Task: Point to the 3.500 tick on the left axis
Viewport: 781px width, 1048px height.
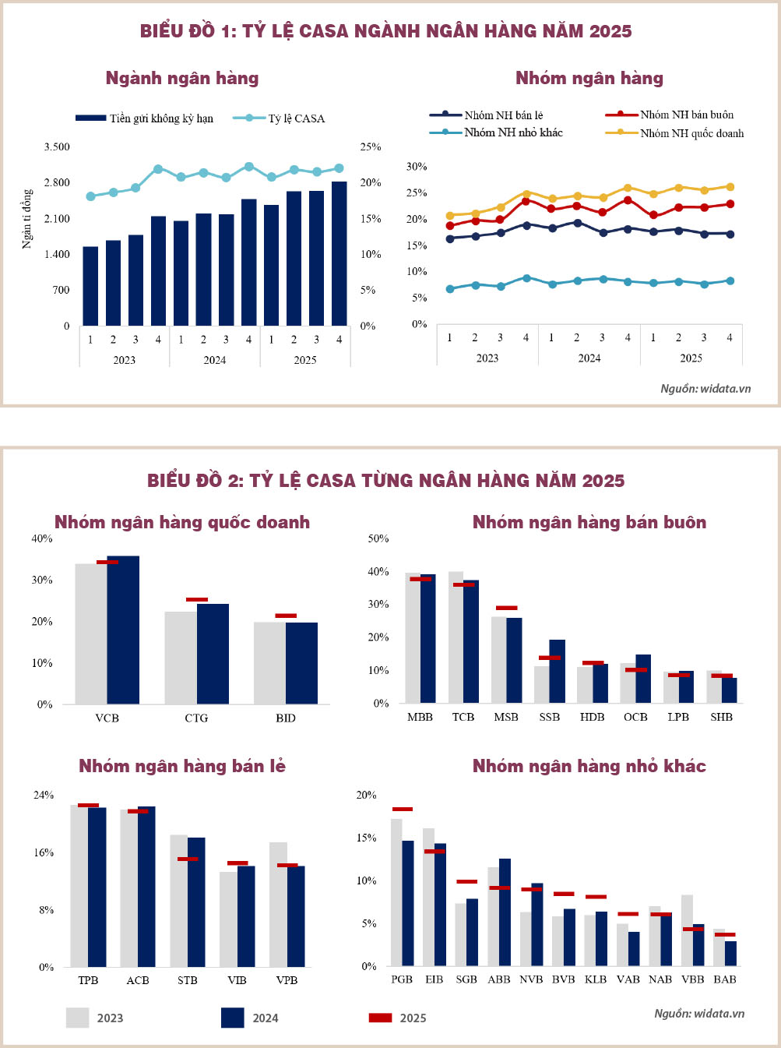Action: point(57,146)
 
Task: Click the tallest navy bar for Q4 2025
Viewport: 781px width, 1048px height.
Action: point(339,253)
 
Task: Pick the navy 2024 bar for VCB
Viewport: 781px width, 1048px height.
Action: point(123,630)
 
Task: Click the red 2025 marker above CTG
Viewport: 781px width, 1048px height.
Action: point(197,599)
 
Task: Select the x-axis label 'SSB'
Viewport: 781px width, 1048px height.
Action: point(549,717)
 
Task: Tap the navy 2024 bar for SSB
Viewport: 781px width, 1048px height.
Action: point(557,671)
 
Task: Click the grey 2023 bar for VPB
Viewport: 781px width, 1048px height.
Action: point(278,904)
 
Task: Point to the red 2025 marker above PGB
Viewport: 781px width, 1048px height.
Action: point(403,809)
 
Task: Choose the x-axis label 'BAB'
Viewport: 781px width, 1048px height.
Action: point(724,979)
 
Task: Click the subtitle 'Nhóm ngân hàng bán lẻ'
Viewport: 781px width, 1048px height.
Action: point(182,766)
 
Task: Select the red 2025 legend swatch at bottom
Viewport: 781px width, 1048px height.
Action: point(380,1018)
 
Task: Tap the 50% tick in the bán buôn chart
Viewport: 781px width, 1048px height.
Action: point(378,538)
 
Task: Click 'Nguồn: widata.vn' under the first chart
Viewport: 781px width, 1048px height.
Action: point(705,388)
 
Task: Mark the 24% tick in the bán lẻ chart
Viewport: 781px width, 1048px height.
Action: point(44,795)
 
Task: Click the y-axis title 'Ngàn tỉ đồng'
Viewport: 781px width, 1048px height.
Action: point(27,219)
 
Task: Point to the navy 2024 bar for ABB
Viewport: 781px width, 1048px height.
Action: point(505,912)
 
